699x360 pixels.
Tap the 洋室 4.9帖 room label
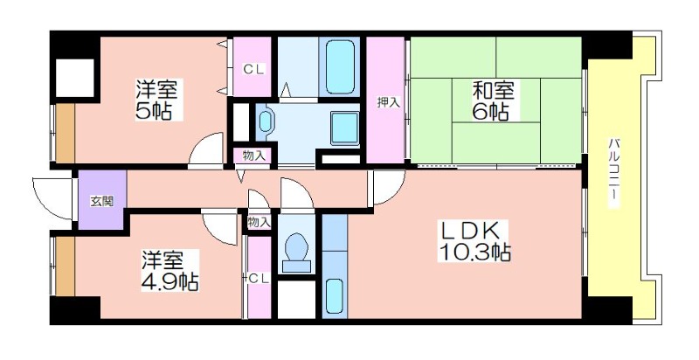[x=170, y=271]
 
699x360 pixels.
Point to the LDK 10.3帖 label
[x=474, y=242]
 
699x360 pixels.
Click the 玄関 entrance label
[x=102, y=201]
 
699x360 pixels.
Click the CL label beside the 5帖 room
[x=253, y=70]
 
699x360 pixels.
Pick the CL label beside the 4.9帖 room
[x=259, y=279]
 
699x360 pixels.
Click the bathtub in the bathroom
[x=340, y=67]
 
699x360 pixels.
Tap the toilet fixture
[x=296, y=252]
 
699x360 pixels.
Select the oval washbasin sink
[x=266, y=121]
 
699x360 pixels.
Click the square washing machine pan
[x=344, y=128]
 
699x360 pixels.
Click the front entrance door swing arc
[x=52, y=198]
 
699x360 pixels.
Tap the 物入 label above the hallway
[x=254, y=156]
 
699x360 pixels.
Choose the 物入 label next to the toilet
[x=259, y=222]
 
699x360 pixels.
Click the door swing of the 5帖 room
[x=205, y=150]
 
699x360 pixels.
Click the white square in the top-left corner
[x=75, y=78]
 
